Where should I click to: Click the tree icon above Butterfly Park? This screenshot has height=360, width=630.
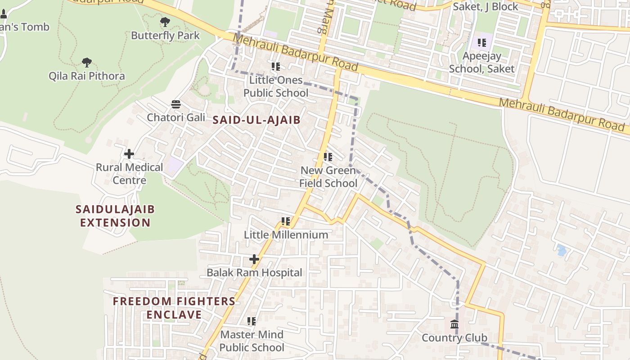(165, 22)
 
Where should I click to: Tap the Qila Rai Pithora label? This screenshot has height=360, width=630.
(87, 76)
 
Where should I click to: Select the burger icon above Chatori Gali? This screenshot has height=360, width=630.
(176, 104)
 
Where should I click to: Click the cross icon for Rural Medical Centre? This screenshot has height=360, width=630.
(129, 154)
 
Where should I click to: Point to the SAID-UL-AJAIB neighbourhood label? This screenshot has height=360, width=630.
(256, 120)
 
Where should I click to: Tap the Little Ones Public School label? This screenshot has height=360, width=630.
(276, 86)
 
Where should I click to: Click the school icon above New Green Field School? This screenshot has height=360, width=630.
(328, 157)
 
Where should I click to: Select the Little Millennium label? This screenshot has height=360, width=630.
(286, 235)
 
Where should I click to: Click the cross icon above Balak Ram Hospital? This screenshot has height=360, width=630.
(254, 259)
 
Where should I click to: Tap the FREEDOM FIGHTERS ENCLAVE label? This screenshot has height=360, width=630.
(174, 308)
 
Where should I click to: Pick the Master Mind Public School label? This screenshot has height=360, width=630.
(252, 341)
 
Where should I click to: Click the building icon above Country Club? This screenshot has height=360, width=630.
(454, 324)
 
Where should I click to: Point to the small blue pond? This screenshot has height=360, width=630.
(561, 250)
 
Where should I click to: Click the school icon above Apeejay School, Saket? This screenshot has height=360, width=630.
(482, 43)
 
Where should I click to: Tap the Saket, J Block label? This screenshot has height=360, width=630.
(485, 7)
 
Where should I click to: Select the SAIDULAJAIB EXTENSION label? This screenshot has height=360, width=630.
(115, 216)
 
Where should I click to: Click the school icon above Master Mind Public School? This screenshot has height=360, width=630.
(252, 321)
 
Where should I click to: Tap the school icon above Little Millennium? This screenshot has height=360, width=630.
(286, 221)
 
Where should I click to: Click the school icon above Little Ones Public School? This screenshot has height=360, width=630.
(276, 67)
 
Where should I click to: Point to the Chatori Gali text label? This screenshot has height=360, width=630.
(176, 117)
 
